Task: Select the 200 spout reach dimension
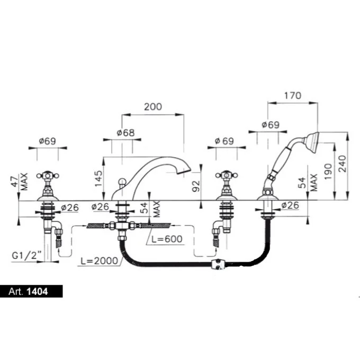[152, 106]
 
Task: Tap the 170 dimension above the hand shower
[292, 96]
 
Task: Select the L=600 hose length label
[166, 239]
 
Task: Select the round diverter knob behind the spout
[122, 184]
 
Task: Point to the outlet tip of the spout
[186, 171]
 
